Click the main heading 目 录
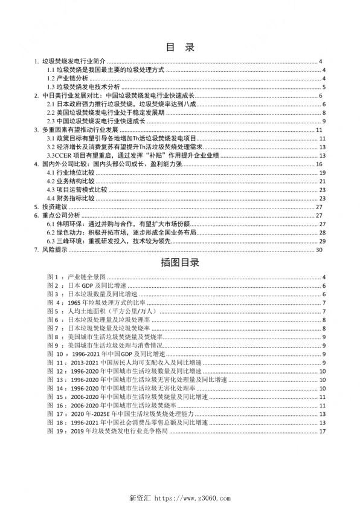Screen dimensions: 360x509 click(179, 47)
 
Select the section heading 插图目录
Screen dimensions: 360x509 click(179, 264)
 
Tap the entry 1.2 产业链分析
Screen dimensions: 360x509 click(68, 79)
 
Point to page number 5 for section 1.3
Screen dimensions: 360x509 click(324, 87)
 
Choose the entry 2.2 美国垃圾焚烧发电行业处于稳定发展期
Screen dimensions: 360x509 click(106, 113)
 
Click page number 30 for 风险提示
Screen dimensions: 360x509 click(323, 250)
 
